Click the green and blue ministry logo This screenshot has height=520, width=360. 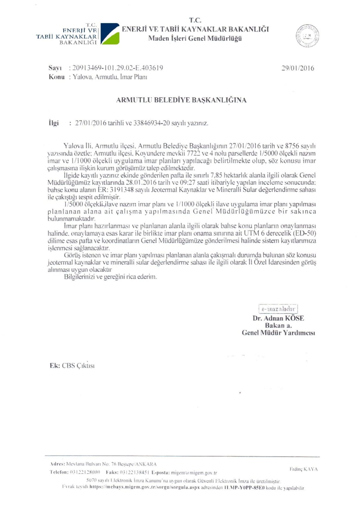(x=110, y=34)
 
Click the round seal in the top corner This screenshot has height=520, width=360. (x=307, y=36)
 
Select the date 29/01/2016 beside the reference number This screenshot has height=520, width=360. (x=297, y=68)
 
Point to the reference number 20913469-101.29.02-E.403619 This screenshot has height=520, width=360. (x=118, y=68)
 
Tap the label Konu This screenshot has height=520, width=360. (x=57, y=77)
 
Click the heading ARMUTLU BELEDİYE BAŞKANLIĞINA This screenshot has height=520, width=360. (x=181, y=100)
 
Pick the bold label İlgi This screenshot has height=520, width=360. (x=54, y=123)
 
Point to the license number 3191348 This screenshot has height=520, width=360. (x=122, y=190)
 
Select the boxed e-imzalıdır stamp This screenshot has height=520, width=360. (x=278, y=309)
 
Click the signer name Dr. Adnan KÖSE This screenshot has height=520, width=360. (x=278, y=318)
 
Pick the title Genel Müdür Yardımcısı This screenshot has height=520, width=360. (x=278, y=333)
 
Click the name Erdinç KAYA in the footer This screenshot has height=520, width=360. (x=303, y=469)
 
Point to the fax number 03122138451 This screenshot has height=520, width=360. (x=135, y=473)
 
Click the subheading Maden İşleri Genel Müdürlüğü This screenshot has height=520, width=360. (x=195, y=38)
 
